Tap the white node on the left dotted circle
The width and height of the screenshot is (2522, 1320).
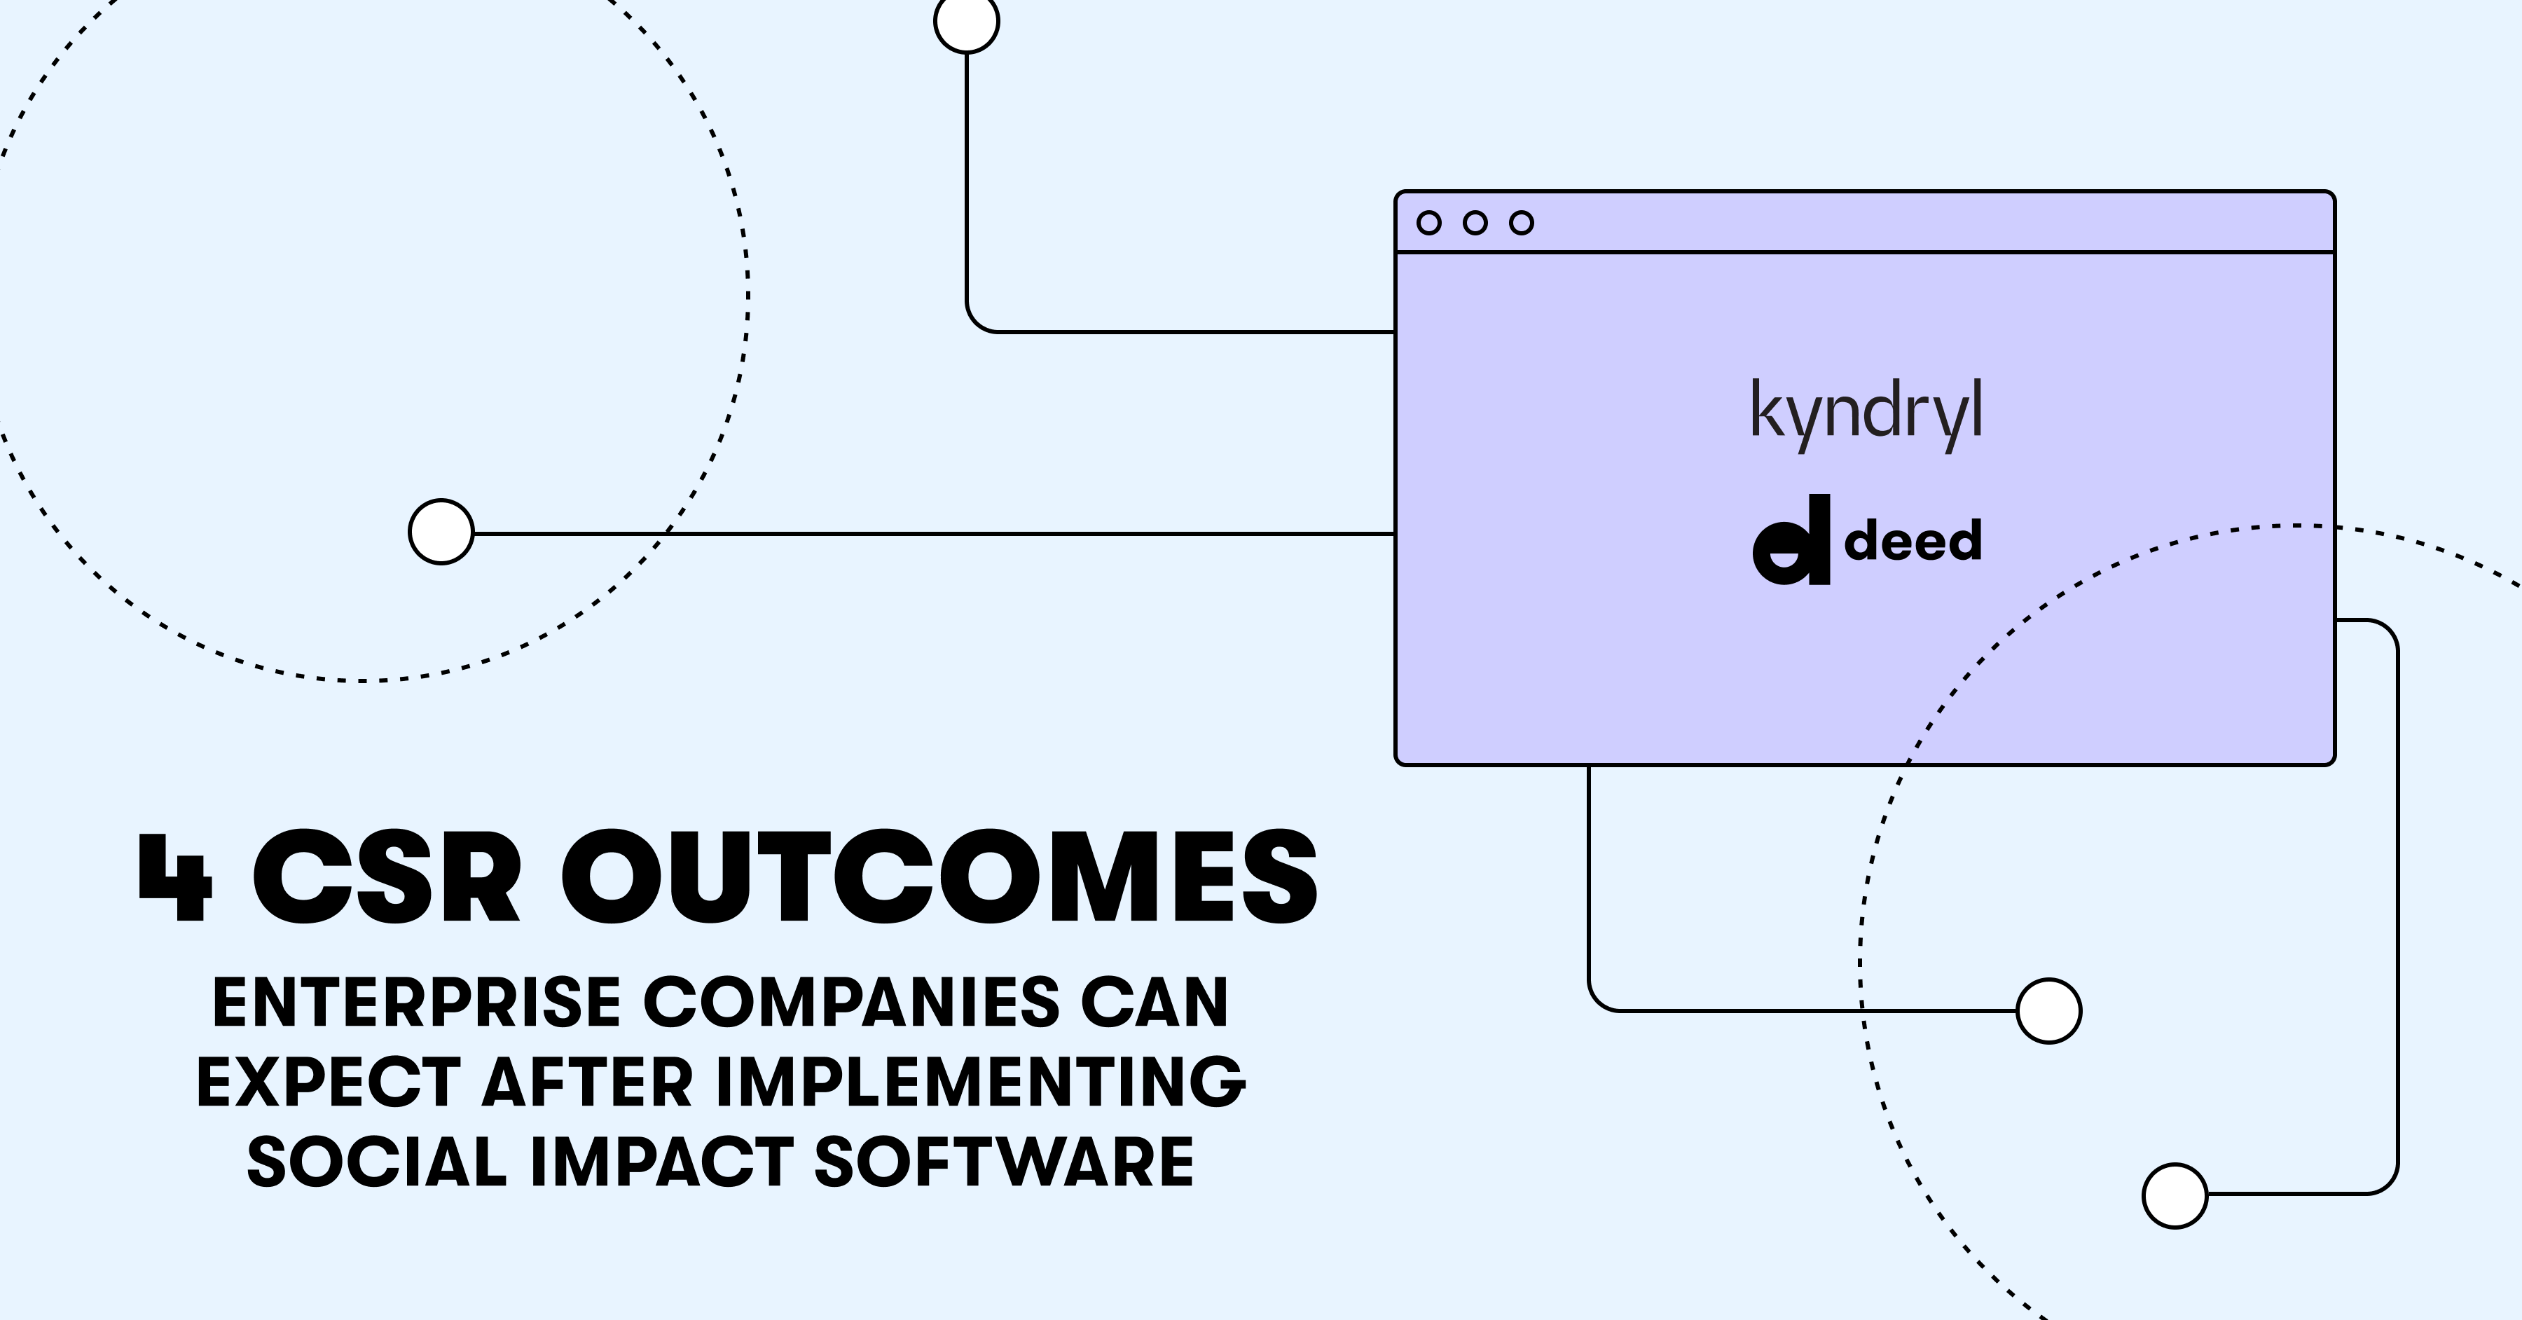click(x=441, y=532)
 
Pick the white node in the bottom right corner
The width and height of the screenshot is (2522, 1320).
click(x=2175, y=1196)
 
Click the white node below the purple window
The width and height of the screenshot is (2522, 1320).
click(x=2049, y=1010)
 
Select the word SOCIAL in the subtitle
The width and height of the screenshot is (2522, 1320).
click(x=377, y=1162)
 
